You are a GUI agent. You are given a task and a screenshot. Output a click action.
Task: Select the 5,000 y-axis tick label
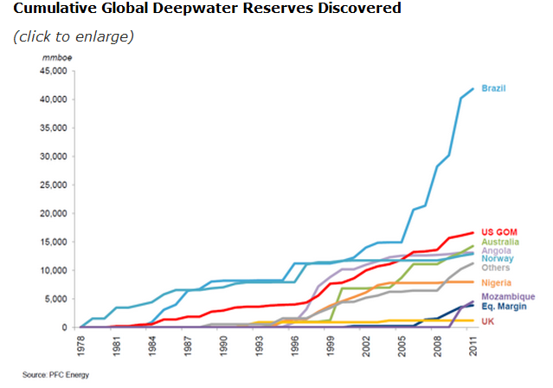point(57,299)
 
